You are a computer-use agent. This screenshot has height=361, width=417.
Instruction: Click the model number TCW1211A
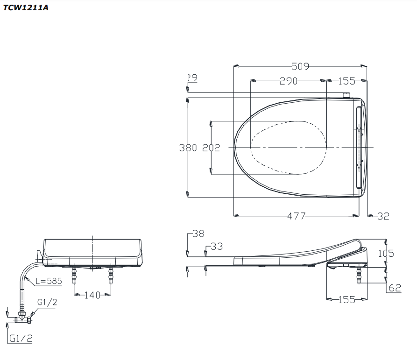click(x=25, y=8)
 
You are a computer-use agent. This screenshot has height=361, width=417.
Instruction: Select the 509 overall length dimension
click(x=300, y=66)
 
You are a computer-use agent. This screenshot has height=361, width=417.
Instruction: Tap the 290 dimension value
click(x=289, y=81)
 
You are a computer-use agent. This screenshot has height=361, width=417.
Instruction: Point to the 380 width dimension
click(x=188, y=148)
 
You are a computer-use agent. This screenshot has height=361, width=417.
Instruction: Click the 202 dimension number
click(x=211, y=148)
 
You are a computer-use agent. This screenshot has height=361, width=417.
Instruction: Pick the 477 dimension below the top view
click(x=296, y=216)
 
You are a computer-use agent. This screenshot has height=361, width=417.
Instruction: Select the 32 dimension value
click(x=383, y=216)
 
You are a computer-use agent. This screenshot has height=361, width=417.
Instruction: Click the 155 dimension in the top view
click(x=346, y=81)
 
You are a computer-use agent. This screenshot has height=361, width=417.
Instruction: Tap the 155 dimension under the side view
click(x=346, y=300)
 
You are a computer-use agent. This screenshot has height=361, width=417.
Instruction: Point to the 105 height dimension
click(x=386, y=254)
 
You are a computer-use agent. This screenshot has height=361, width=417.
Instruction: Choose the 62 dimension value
click(x=395, y=288)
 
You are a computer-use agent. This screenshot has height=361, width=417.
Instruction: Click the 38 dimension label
click(x=198, y=234)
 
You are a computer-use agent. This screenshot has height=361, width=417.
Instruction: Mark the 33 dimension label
click(x=216, y=246)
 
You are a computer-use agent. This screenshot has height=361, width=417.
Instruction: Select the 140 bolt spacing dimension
click(x=92, y=295)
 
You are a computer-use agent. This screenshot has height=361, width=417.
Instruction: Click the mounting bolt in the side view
click(x=358, y=275)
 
